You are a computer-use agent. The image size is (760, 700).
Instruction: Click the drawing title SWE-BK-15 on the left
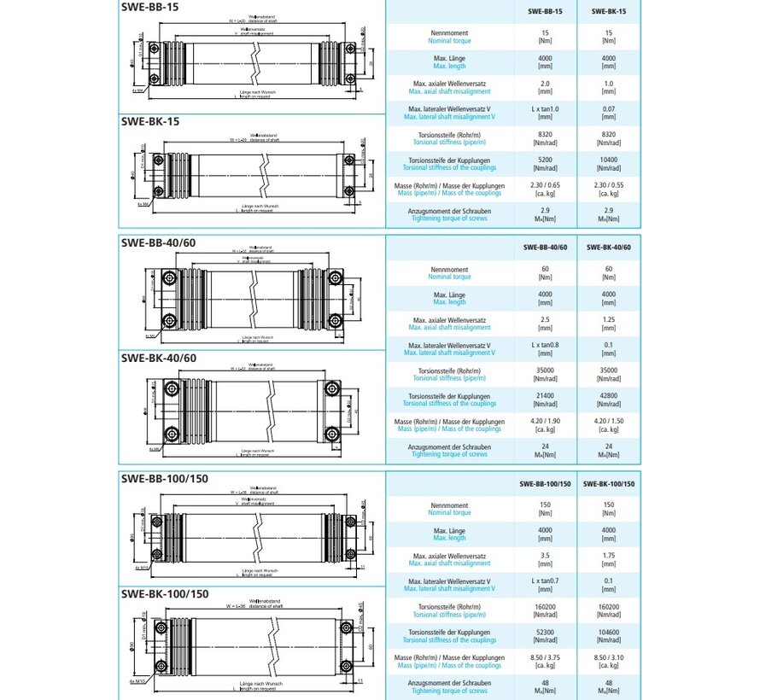point(149,121)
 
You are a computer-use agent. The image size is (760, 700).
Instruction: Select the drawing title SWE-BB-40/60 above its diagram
point(159,242)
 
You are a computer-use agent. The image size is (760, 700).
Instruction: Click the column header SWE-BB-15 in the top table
point(545,11)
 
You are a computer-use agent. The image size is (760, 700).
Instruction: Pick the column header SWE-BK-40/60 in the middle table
point(609,248)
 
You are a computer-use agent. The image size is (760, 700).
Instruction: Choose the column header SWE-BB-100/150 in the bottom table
point(545,484)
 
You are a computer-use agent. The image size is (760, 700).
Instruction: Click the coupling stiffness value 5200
point(545,160)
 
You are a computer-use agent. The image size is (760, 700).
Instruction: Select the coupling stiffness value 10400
point(609,160)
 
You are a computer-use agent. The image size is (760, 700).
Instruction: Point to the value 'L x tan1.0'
point(545,108)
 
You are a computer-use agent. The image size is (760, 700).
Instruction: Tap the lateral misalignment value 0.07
point(609,108)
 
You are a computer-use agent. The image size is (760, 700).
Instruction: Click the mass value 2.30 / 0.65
point(545,185)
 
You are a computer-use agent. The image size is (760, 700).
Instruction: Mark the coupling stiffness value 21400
point(545,396)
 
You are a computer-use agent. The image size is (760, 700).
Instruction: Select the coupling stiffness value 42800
point(609,396)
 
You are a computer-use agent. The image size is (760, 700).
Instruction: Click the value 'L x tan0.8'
point(545,345)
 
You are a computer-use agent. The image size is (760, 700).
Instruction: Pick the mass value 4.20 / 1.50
point(609,422)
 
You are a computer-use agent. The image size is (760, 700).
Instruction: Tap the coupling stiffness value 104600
point(609,633)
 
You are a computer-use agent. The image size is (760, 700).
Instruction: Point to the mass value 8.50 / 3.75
point(545,658)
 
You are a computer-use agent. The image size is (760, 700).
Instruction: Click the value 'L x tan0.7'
point(545,581)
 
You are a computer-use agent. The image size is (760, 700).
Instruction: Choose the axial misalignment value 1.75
point(609,556)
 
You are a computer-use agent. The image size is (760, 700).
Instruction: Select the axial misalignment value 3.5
point(545,556)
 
